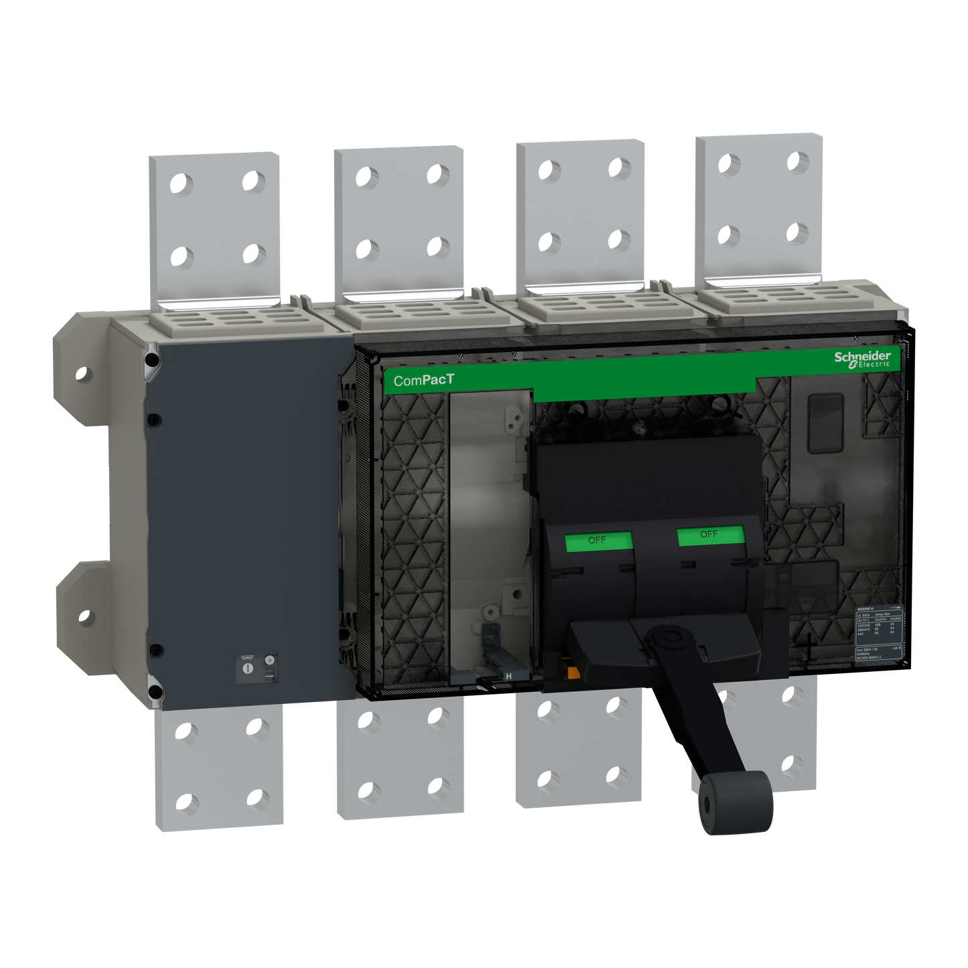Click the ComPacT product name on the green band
point(423,381)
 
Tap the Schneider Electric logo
point(862,358)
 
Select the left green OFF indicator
point(598,541)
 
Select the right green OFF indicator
point(709,535)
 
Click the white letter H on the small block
point(508,677)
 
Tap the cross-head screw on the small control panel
point(270,660)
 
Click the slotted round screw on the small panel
point(247,669)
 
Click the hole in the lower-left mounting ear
point(84,615)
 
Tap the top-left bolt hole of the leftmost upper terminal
point(181,182)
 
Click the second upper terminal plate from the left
point(399,221)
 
